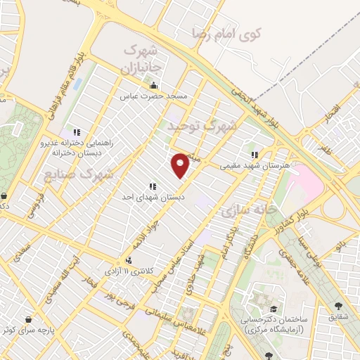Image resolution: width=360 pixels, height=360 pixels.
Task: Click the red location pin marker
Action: (x=181, y=165)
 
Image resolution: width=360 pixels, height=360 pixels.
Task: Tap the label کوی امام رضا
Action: (x=226, y=32)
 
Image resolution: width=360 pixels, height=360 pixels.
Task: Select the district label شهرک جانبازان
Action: (x=143, y=59)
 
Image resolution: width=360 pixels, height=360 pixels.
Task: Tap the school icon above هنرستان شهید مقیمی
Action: (x=255, y=155)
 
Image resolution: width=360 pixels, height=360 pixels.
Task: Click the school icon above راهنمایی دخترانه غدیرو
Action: (x=77, y=131)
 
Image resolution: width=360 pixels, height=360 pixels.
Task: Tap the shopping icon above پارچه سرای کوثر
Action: (x=28, y=318)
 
